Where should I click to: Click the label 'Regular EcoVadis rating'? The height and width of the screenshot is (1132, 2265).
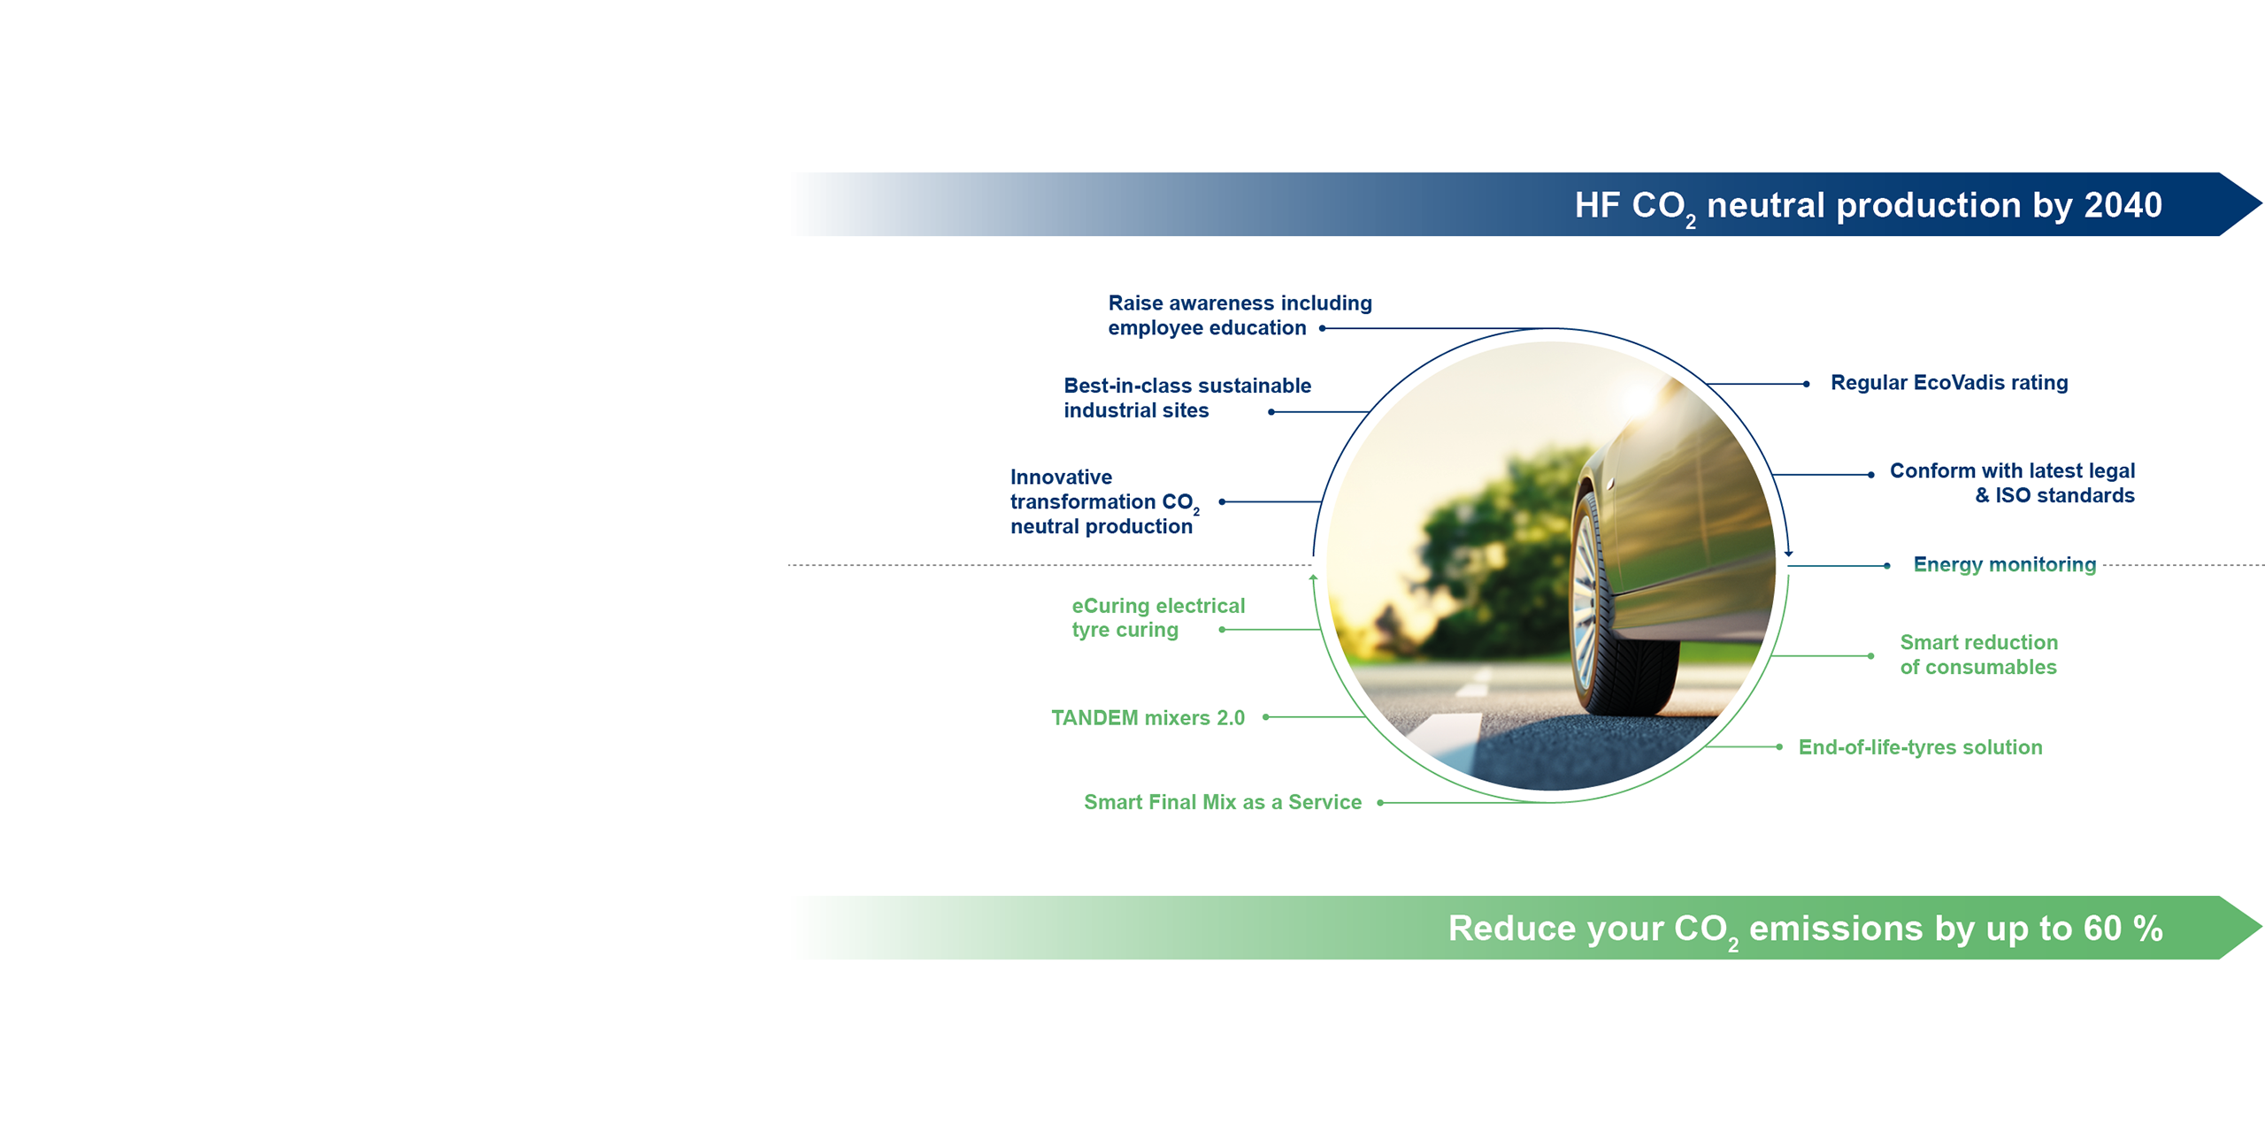pos(1948,383)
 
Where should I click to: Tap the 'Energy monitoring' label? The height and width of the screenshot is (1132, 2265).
pos(2004,564)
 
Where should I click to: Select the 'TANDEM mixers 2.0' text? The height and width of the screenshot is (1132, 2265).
pos(1148,717)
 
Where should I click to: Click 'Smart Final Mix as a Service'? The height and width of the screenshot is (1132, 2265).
pos(1223,802)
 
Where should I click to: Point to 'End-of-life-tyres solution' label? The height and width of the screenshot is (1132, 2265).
pos(1920,747)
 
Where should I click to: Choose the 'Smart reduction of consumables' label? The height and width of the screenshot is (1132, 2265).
pos(1978,654)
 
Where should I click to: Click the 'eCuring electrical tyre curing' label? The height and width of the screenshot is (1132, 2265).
pos(1158,617)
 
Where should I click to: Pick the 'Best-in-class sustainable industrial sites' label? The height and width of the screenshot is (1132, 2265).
pos(1187,398)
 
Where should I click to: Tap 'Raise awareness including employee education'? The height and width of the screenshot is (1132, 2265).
pos(1240,316)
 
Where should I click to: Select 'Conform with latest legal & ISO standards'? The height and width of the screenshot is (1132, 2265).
pos(2012,483)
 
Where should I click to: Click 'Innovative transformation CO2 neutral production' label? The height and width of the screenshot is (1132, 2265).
pos(1105,501)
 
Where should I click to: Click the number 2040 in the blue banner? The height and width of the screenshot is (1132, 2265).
pos(2123,205)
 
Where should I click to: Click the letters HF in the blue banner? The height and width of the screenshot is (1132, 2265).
pos(1597,205)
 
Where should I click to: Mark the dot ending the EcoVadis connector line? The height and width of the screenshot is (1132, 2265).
pos(1806,384)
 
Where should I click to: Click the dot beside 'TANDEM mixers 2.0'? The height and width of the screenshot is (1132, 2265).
pos(1266,717)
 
